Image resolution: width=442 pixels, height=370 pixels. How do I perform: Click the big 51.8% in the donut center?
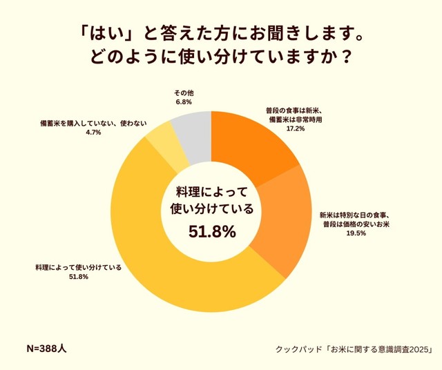click(x=212, y=232)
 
